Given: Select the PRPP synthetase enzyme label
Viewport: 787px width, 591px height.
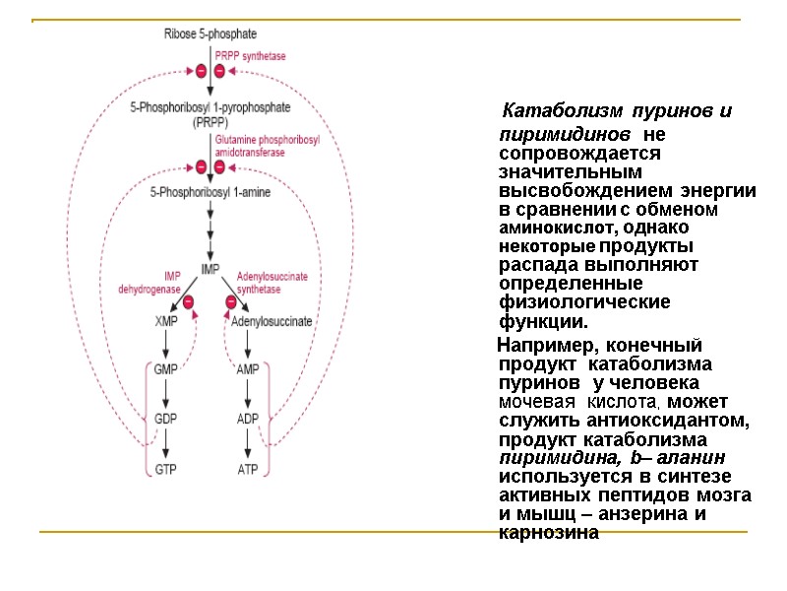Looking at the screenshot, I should coord(251,57).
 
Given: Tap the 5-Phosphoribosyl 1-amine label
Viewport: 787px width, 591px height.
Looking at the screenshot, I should coord(210,193).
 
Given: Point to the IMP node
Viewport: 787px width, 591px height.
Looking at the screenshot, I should coord(210,269).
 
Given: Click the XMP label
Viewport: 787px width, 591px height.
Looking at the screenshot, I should coord(166,321).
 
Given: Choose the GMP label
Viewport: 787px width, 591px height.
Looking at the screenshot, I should coord(166,369).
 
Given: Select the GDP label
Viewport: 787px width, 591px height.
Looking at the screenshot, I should coord(166,419).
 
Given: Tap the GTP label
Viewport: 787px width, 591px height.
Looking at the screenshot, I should coord(166,469).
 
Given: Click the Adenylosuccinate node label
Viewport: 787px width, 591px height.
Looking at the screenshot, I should coord(272,321).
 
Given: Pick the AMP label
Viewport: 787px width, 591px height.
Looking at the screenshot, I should coord(248,369).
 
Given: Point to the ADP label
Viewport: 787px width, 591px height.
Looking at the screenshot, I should coord(248,419).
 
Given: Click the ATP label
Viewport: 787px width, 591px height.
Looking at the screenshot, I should coord(248,469).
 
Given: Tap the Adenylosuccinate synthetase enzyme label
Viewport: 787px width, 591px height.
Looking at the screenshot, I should coord(272,284).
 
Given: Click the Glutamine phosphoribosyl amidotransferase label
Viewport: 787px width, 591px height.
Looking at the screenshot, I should coord(268,147).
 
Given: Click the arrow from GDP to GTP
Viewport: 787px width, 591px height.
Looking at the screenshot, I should coord(166,444).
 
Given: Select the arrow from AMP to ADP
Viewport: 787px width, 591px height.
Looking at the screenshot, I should coord(248,394).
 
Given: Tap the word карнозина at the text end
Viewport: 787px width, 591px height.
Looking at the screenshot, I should coord(549,533).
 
